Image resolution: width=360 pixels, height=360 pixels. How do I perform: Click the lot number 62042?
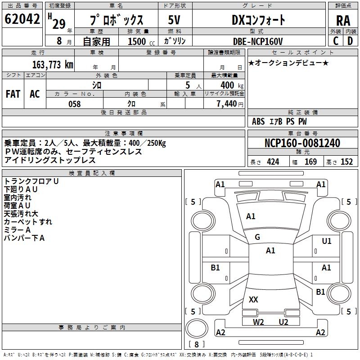coord(22,20)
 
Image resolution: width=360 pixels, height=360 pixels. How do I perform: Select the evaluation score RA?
coord(343,20)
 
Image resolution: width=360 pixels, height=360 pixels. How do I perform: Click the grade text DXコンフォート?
coord(258,20)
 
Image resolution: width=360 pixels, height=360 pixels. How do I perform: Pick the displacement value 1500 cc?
coord(140,42)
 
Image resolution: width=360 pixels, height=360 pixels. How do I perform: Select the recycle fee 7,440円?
coord(229,104)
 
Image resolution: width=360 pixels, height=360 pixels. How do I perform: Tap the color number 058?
coord(74,104)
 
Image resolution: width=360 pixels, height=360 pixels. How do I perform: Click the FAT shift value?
coord(13,94)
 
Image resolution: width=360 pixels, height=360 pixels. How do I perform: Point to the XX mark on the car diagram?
coord(253,299)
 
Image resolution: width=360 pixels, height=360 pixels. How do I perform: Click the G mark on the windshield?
coord(257,237)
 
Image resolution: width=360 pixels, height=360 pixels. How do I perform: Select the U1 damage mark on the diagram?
coord(327,241)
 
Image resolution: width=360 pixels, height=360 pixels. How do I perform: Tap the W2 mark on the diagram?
coord(258,322)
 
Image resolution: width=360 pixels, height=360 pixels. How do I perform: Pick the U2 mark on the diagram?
coord(283,322)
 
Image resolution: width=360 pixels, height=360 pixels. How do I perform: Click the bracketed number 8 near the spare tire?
coord(197,345)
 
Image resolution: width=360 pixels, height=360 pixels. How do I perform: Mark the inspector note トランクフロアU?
coord(31,181)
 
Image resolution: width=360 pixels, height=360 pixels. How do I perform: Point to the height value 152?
coord(346,162)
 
